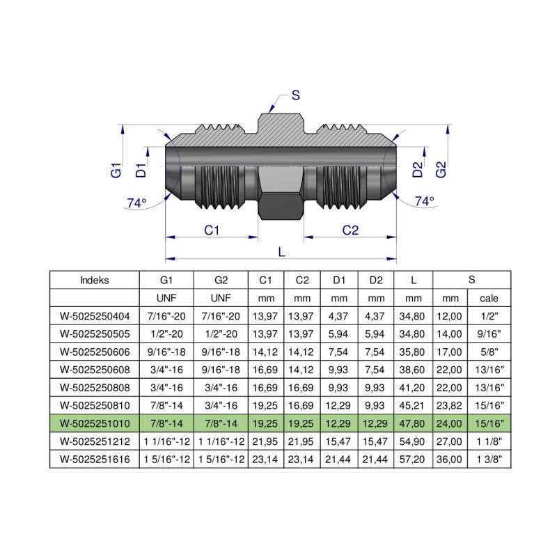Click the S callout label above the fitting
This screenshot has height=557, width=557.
[x=295, y=96]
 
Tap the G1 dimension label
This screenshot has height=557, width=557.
[x=116, y=169]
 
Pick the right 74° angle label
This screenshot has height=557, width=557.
[x=424, y=201]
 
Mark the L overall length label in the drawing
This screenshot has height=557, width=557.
[x=281, y=252]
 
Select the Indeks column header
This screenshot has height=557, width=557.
[x=95, y=281]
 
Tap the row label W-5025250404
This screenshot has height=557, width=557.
[x=95, y=315]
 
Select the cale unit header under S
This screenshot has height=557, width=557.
[x=490, y=298]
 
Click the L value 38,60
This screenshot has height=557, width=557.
[x=414, y=370]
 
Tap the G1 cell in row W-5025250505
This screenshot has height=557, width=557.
[x=166, y=334]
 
